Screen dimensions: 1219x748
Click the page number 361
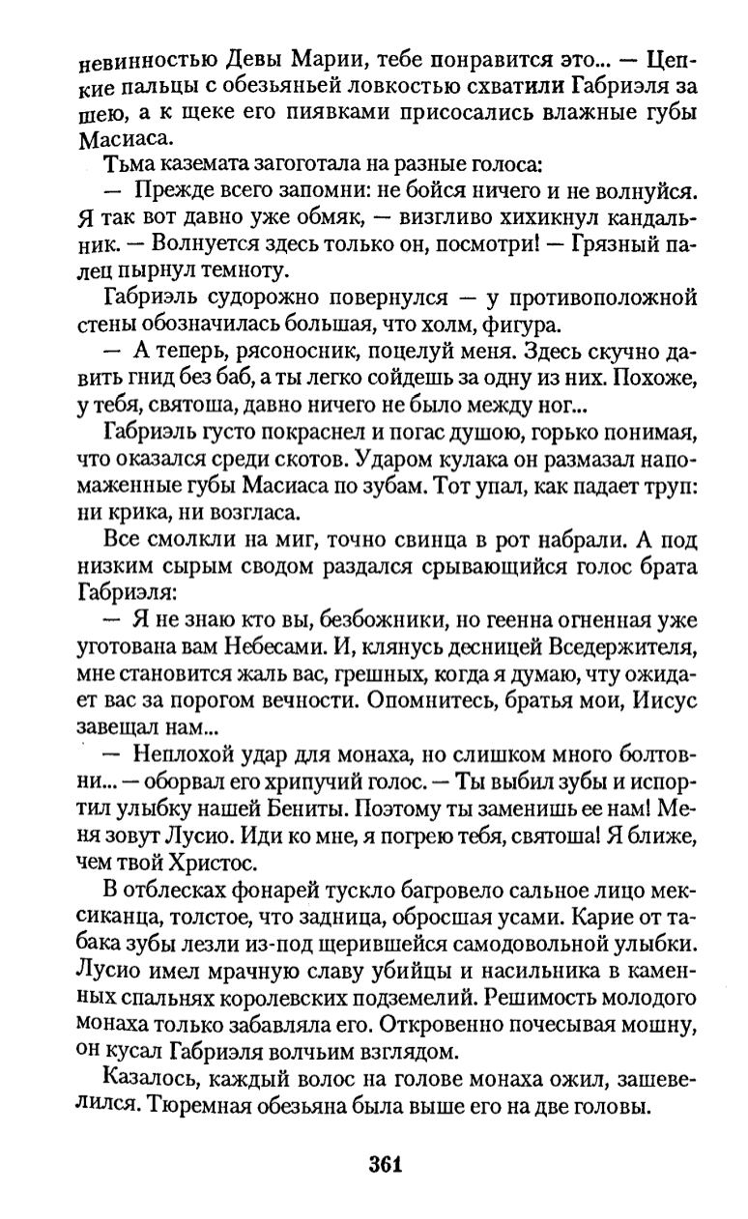tap(384, 1162)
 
